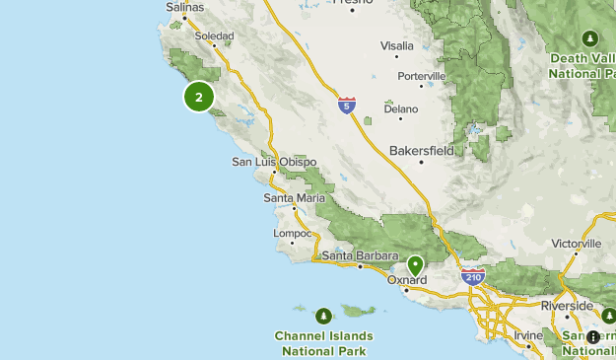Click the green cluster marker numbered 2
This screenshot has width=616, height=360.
pos(199,97)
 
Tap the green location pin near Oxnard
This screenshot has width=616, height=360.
pos(415,264)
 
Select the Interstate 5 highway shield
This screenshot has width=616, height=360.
pos(346,104)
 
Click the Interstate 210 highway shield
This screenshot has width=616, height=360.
pos(473,277)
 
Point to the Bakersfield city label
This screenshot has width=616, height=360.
pos(421,151)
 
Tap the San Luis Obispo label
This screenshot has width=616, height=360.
pos(274,162)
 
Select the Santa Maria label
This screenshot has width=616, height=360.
pos(294,197)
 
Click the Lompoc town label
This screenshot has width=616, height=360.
pos(293,233)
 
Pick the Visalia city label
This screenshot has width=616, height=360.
pos(397,45)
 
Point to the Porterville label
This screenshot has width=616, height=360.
pos(422,76)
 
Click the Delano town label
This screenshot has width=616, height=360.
pos(401,109)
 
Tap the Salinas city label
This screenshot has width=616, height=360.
pos(184,7)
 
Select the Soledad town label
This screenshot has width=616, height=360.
pos(214,36)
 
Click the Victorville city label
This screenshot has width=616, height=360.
pos(577,243)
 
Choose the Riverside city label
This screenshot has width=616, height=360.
pos(567,306)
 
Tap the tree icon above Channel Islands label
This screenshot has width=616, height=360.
pos(323,317)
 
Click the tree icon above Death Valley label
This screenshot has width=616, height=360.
pos(589,38)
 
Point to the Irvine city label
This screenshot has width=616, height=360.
pos(528,335)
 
